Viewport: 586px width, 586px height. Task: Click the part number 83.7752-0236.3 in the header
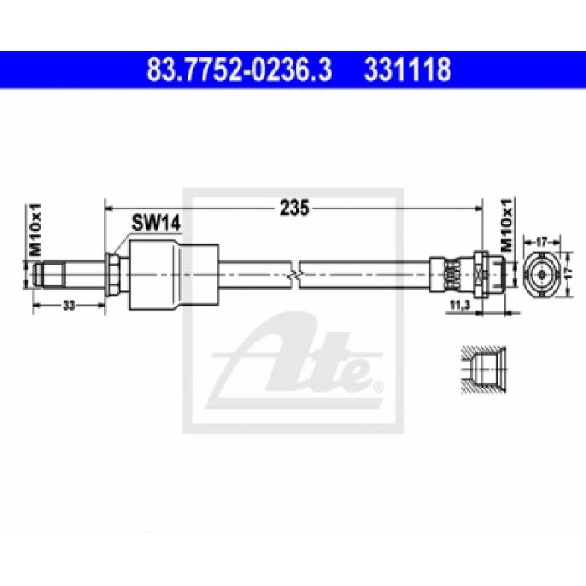coord(239,69)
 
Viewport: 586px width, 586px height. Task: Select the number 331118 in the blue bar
coord(407,69)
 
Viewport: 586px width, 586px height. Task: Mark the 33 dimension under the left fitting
coord(69,306)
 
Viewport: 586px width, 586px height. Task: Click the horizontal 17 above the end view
coord(542,241)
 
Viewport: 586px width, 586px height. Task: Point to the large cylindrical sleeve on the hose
coord(173,273)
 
